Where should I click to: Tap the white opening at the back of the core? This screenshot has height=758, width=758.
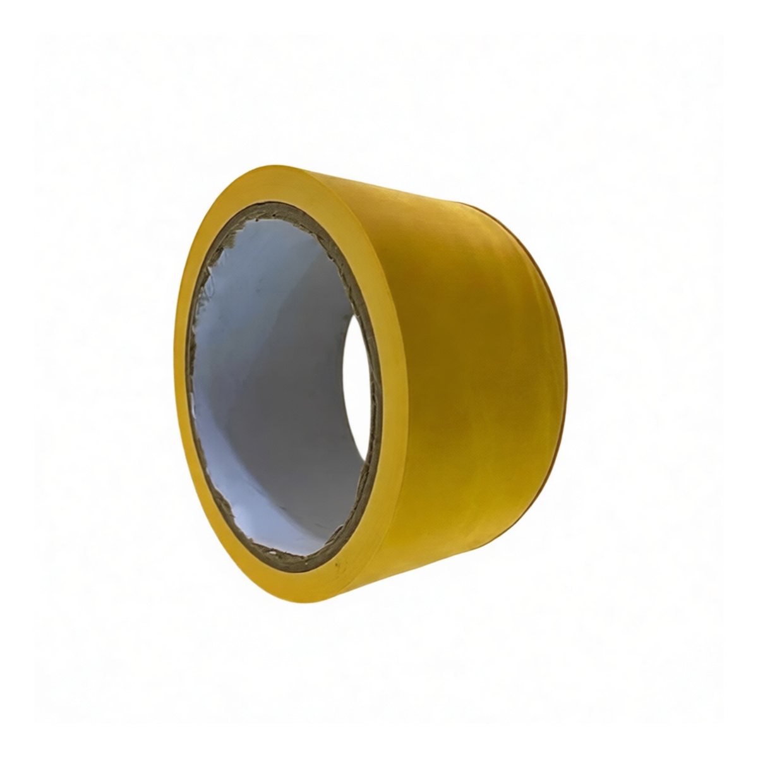coord(363,392)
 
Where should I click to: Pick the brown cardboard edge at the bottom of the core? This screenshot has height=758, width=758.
coord(303,556)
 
